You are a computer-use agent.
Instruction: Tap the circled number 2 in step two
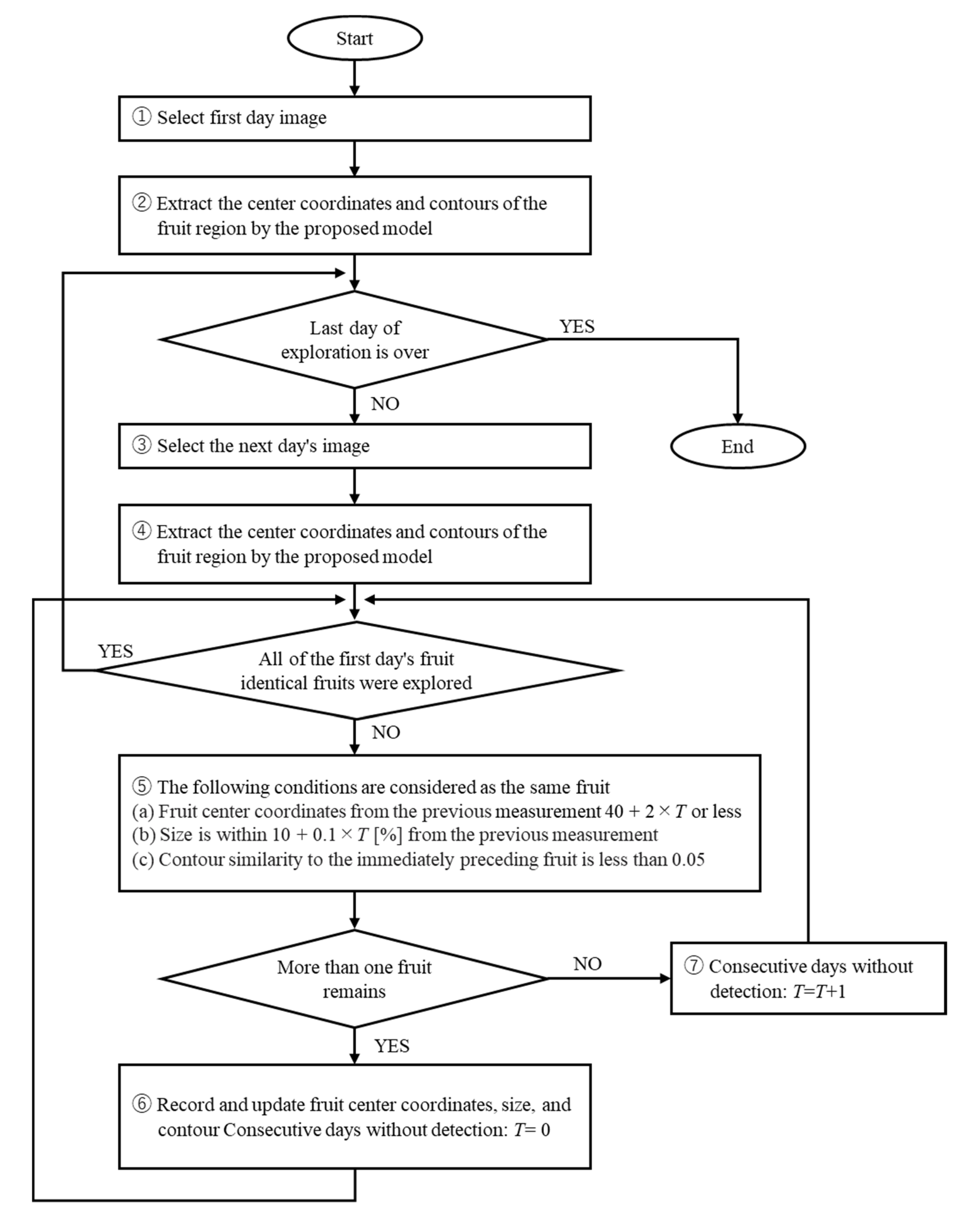point(141,203)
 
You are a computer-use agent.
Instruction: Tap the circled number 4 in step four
point(141,531)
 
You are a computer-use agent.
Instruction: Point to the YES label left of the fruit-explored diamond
point(116,651)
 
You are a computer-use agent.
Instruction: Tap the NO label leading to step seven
point(587,964)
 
